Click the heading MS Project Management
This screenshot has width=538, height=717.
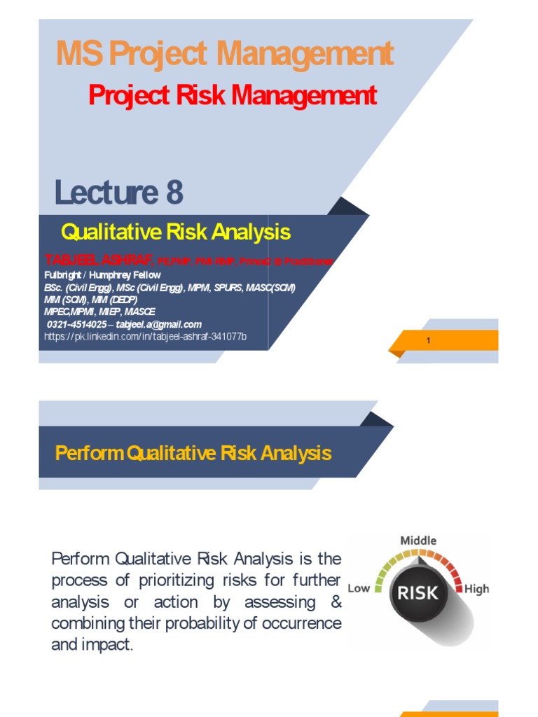pos(224,55)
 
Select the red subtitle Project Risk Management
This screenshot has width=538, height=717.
pos(233,95)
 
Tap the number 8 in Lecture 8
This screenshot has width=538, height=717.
pos(174,193)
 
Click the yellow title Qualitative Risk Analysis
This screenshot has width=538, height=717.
pos(176,232)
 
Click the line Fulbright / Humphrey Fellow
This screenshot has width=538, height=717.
pos(102,275)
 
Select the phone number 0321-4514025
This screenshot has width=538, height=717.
pos(77,325)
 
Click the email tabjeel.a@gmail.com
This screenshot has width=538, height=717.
pos(159,325)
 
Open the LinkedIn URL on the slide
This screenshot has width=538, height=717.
pos(145,337)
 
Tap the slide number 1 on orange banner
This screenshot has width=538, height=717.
pos(428,341)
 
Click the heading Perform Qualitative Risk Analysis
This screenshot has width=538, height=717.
pos(193,453)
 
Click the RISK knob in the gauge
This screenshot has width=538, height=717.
pos(418,593)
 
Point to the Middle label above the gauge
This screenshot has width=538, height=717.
pos(418,541)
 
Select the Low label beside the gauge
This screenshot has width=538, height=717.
pos(359,588)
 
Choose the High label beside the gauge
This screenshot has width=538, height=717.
pos(476,589)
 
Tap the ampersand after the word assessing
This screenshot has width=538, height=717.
pos(336,602)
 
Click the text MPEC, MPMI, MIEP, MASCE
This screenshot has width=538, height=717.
pos(99,312)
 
